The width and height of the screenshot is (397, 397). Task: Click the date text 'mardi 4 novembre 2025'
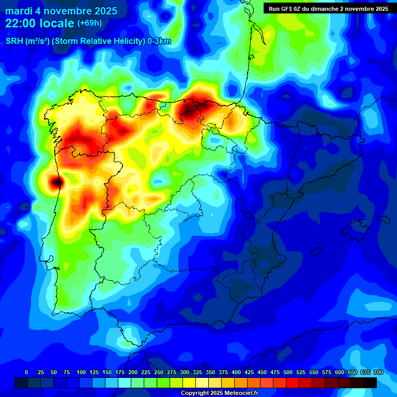pos(61,11)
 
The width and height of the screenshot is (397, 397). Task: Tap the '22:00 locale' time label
pos(39,23)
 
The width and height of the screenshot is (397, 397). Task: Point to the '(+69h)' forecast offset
pos(89,23)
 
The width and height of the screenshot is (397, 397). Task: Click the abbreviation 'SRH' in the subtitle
pos(14,41)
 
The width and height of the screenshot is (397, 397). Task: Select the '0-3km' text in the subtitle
pos(159,41)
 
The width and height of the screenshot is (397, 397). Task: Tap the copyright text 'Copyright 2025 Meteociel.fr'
pos(219,393)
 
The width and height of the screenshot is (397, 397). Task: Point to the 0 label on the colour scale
pos(26,372)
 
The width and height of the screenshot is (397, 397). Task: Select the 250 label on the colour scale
pos(159,372)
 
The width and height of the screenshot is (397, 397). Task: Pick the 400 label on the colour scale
pos(236,372)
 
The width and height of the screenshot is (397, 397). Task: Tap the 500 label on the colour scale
pos(288,372)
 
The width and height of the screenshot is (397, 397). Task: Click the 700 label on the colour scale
pos(378,372)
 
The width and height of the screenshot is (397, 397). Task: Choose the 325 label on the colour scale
pos(197,372)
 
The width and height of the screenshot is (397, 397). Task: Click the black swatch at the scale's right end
pos(370,383)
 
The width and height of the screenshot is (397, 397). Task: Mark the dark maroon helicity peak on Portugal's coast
pos(56,181)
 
